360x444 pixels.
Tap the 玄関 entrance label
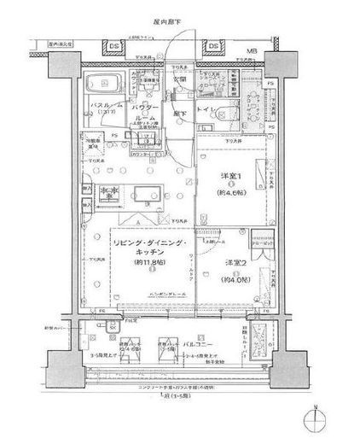click(x=181, y=79)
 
